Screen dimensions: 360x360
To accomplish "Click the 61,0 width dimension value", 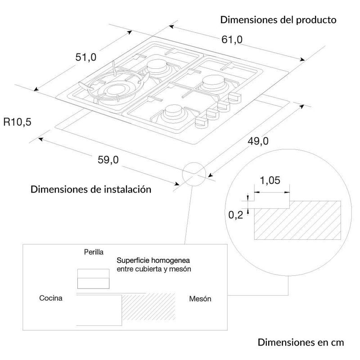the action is [x=232, y=40].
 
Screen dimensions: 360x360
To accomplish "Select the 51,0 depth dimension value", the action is [x=86, y=57].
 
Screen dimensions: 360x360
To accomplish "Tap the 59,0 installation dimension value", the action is [x=108, y=160].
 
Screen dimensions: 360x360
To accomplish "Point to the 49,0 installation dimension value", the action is [x=258, y=141].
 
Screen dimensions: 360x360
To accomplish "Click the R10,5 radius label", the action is [x=18, y=122].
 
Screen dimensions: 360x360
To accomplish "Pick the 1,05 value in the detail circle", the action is [x=270, y=180].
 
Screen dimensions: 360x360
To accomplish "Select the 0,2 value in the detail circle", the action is [x=235, y=215].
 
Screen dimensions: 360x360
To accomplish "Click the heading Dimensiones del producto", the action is [x=278, y=20].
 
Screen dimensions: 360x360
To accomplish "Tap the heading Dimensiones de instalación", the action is [x=91, y=189].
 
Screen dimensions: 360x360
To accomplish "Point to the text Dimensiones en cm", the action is [x=301, y=342].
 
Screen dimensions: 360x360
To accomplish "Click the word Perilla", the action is [x=94, y=252].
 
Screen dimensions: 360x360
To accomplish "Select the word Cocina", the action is [x=51, y=298].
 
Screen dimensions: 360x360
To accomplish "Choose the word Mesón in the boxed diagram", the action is [x=200, y=299].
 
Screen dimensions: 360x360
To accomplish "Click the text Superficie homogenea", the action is [x=153, y=261].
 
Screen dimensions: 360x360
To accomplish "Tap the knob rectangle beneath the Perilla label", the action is [x=93, y=279].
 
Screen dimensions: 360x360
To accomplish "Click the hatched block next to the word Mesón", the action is [x=149, y=307].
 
